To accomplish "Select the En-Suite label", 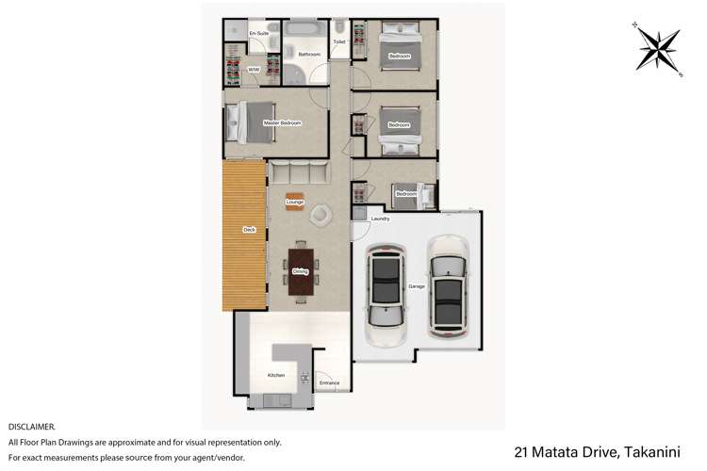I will click(x=259, y=34).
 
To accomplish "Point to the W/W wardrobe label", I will click(x=254, y=70).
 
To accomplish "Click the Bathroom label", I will click(x=309, y=55).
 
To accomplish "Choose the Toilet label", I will click(x=339, y=42).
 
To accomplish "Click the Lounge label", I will click(x=295, y=202).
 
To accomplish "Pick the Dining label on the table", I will click(x=300, y=271).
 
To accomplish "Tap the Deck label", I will click(x=249, y=229).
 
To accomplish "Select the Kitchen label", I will click(x=276, y=375).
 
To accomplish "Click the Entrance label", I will click(x=329, y=382).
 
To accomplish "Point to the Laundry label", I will click(x=380, y=219).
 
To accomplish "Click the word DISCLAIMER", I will click(x=31, y=427).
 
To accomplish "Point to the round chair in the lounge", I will click(x=321, y=214).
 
